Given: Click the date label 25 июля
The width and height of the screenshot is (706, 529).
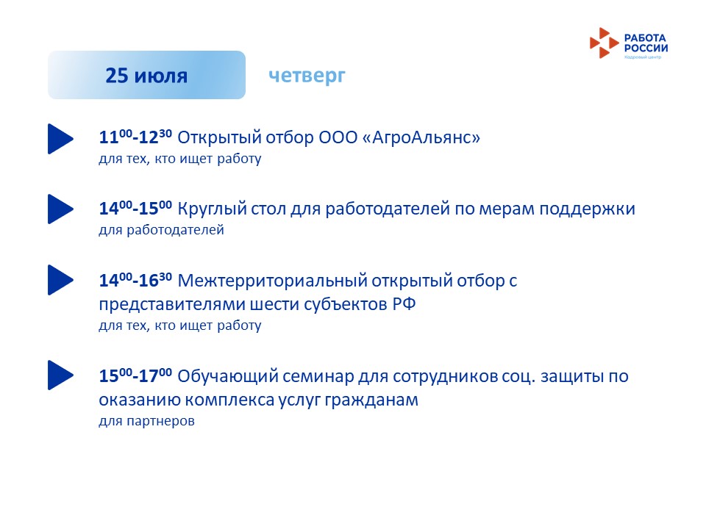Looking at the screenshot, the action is click(x=146, y=76).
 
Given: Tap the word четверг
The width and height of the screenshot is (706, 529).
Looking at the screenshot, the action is click(x=307, y=76).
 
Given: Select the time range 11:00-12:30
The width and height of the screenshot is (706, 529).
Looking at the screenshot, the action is click(x=135, y=137).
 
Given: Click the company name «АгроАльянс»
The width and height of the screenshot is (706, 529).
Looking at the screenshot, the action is click(x=421, y=137).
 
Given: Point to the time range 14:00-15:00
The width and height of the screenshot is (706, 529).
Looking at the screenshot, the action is click(x=135, y=208).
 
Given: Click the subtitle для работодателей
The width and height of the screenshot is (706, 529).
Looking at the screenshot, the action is click(x=161, y=230).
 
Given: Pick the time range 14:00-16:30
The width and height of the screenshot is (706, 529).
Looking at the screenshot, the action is click(x=135, y=280).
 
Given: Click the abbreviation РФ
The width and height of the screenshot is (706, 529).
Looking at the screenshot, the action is click(x=404, y=304).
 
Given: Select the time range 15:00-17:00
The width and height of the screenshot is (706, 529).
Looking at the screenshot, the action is click(x=135, y=375).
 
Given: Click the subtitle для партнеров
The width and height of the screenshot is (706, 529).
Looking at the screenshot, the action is click(x=147, y=421).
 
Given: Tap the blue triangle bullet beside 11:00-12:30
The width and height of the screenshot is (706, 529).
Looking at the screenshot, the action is click(x=60, y=139).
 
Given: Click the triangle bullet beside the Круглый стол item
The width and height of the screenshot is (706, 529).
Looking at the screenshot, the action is click(x=60, y=209).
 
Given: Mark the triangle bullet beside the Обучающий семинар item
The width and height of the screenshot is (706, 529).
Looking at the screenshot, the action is click(x=60, y=375).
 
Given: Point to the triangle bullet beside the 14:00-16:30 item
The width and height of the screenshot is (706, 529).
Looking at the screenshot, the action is click(x=60, y=280).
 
